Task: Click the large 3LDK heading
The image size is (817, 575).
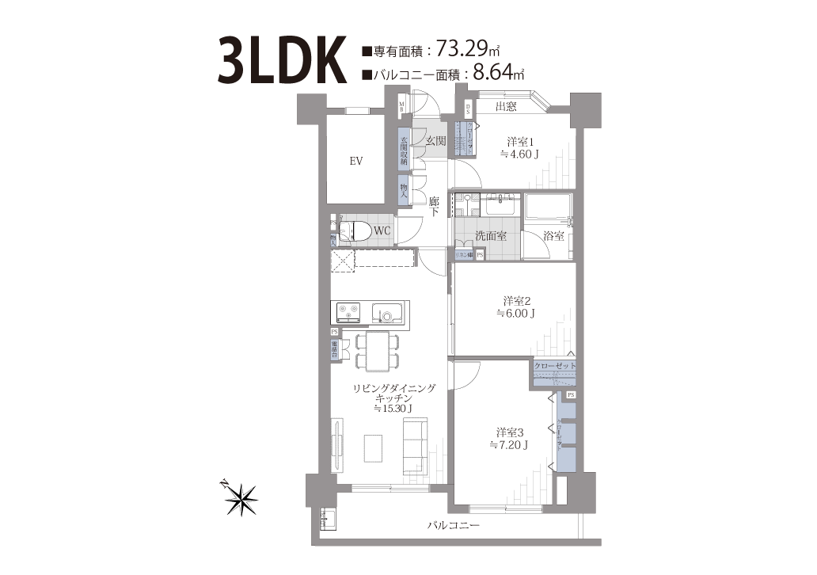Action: tap(280, 59)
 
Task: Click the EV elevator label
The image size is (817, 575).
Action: tap(356, 161)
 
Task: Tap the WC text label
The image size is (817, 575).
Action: tap(382, 230)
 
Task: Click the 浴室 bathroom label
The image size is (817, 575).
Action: tap(553, 235)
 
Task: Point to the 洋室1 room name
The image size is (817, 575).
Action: tap(520, 143)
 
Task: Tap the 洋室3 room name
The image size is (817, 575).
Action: tap(511, 433)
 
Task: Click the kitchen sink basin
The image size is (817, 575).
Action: tap(388, 314)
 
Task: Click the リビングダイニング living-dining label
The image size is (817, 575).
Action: tap(395, 388)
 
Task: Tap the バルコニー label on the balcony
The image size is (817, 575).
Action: tap(453, 525)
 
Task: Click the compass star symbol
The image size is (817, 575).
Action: tap(240, 497)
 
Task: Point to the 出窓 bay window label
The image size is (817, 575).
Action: tap(507, 107)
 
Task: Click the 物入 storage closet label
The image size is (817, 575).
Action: tap(404, 189)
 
